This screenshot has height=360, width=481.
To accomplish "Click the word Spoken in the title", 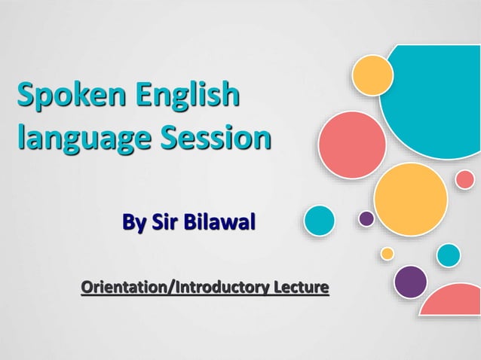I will [61, 97].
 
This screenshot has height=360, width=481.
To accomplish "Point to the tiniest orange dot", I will [387, 254].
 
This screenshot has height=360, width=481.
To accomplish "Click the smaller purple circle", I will [366, 218].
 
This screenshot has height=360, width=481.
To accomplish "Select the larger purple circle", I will [410, 282].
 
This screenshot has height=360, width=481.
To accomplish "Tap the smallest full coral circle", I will [465, 179].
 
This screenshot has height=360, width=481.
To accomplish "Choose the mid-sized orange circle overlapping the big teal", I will [373, 75].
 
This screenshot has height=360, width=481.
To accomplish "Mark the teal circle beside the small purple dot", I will [319, 221].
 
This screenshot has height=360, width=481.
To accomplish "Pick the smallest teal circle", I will [449, 255].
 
